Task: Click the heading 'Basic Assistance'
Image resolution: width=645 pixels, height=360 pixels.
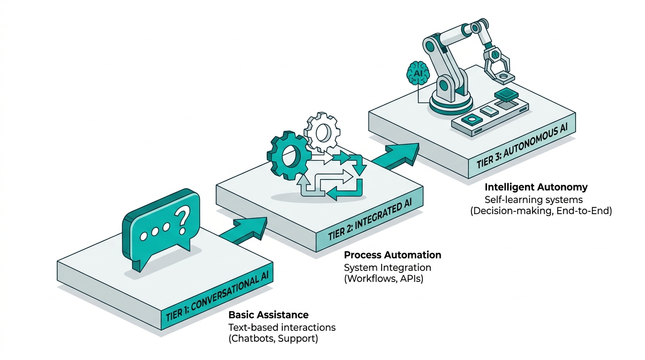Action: pos(268,315)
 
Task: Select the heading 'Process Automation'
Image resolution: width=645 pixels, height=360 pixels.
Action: pos(392,255)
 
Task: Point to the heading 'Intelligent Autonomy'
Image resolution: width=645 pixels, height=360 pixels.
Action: pos(536,187)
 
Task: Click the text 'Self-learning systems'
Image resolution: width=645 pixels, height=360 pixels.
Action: pos(533,199)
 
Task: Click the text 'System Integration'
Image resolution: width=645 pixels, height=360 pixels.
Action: pos(387,268)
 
